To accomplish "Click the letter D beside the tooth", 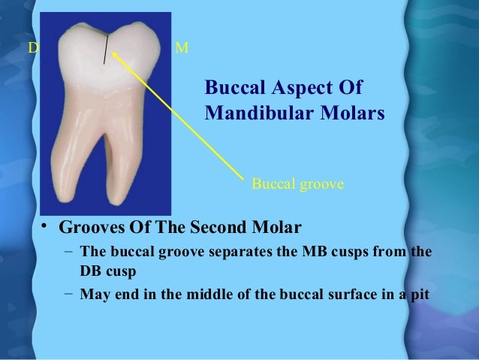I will [32, 49].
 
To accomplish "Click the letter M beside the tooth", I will [182, 49].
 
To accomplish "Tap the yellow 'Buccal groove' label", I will [297, 182].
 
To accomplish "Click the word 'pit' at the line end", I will [420, 294].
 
